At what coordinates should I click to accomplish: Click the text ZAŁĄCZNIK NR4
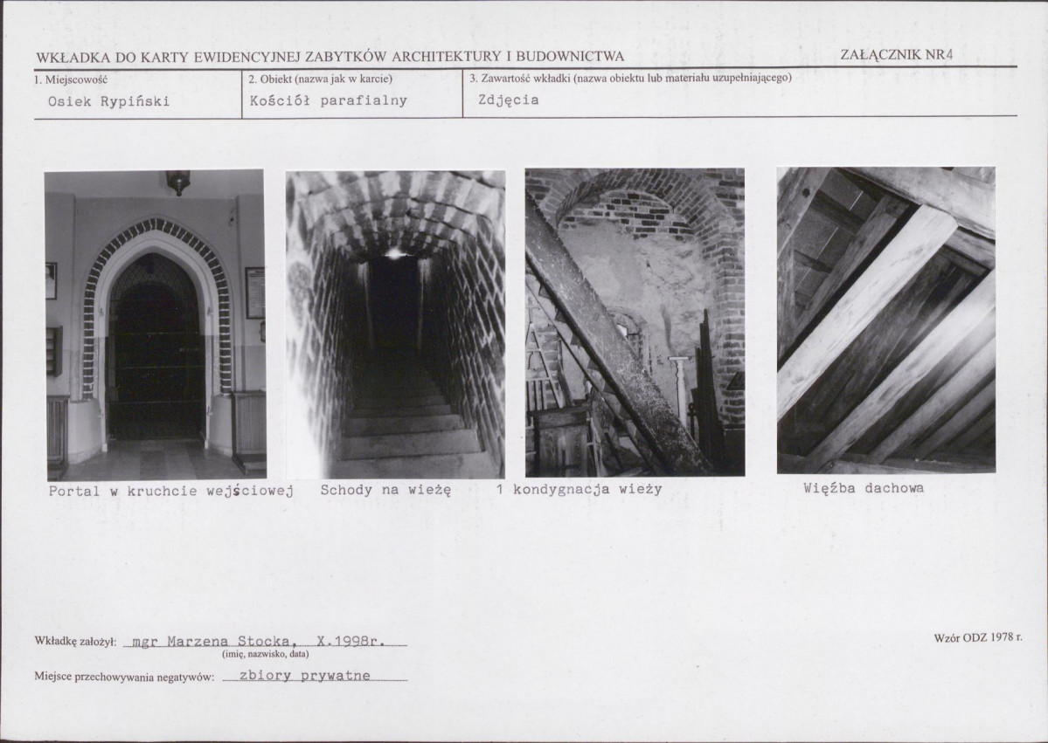click(x=896, y=55)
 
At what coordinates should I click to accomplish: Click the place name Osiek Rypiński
click(x=109, y=101)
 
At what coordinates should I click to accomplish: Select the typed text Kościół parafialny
click(x=328, y=100)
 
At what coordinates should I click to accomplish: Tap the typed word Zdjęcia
click(x=509, y=100)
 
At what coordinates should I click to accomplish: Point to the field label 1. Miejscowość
click(x=71, y=79)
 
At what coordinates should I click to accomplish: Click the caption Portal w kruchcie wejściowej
click(x=171, y=492)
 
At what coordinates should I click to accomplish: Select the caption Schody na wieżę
click(x=385, y=490)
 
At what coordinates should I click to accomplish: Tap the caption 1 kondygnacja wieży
click(x=579, y=489)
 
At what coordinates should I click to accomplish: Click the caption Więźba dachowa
click(x=864, y=488)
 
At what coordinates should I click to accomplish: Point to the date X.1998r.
click(x=350, y=642)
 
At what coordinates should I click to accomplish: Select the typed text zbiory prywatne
click(x=305, y=675)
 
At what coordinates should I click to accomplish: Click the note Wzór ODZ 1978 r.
click(x=978, y=637)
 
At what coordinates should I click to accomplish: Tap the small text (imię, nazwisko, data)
click(x=266, y=654)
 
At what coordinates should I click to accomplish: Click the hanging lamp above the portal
click(x=177, y=182)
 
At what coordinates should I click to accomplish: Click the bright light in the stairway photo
click(x=393, y=253)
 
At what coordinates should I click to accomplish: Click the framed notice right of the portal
click(x=254, y=293)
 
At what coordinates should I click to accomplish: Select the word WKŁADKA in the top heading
click(x=73, y=58)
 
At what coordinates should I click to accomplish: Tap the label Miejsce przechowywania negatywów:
click(x=124, y=677)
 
